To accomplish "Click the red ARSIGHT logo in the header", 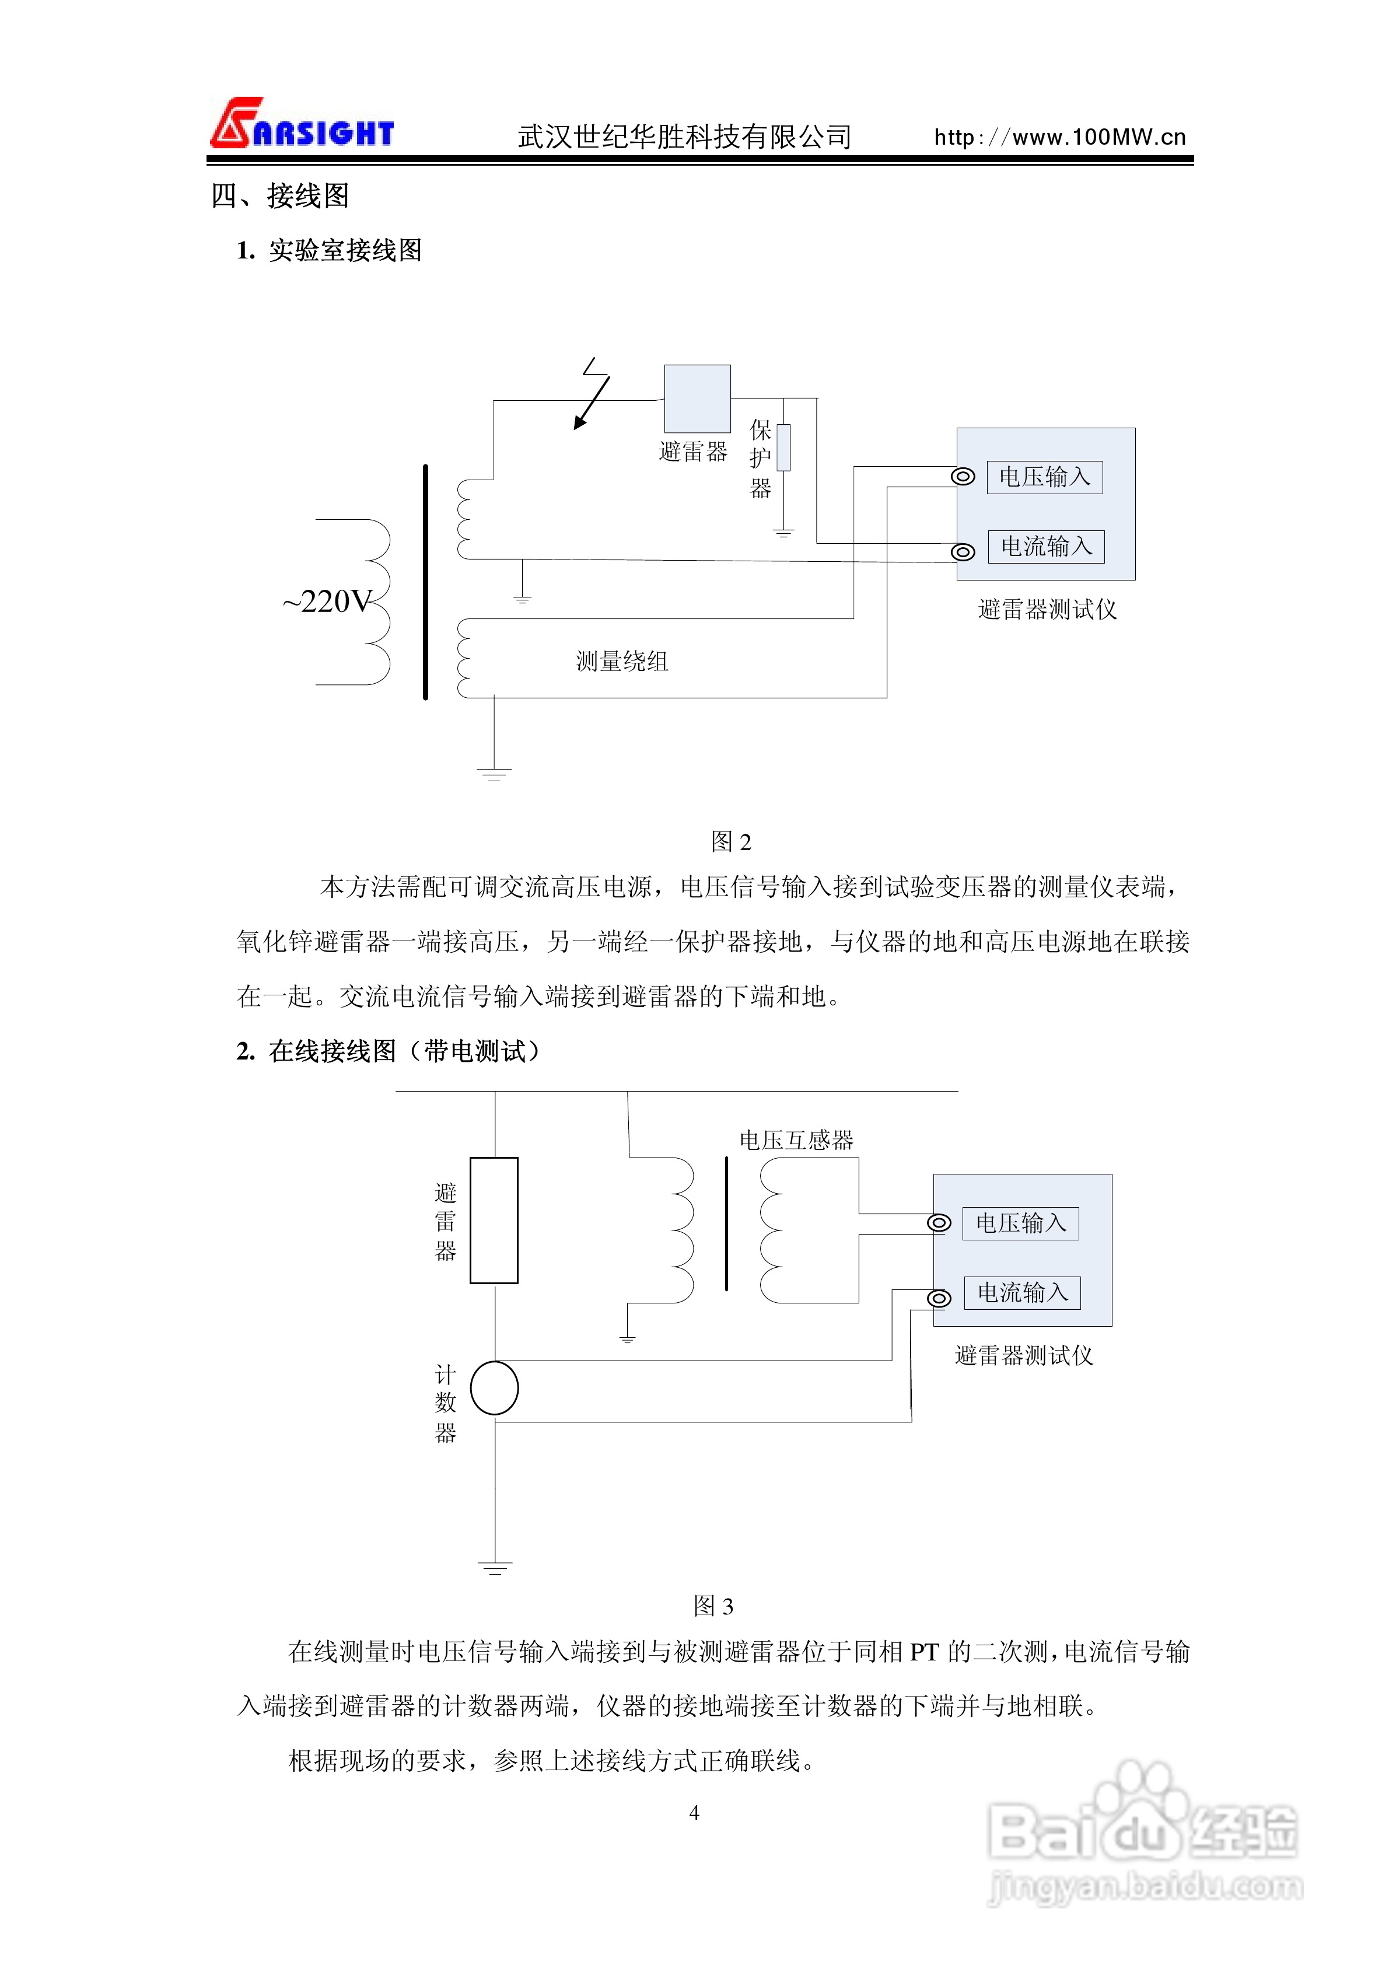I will point(301,125).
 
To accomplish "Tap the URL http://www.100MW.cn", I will point(1059,137).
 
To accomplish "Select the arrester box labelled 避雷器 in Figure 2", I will point(698,399).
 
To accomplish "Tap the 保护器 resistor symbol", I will point(783,447).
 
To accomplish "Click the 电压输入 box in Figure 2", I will point(1045,477).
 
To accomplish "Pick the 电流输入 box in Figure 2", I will point(1046,547).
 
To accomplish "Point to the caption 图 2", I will point(731,842).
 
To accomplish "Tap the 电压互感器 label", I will point(796,1140).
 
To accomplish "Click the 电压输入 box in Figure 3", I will point(1021,1223).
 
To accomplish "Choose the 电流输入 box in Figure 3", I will point(1023,1292).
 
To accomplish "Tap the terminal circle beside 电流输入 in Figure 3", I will point(939,1298).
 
